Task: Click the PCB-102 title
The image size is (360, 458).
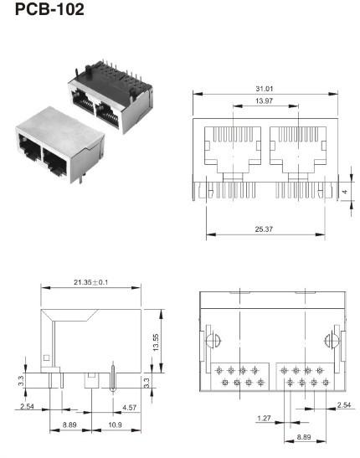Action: point(49,13)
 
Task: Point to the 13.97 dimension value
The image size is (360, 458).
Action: point(264,101)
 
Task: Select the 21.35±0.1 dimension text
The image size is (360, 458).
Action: point(90,282)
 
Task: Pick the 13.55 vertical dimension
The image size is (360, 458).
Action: point(157,342)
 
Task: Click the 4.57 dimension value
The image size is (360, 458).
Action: point(130,408)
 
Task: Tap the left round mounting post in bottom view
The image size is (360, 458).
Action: point(212,342)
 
